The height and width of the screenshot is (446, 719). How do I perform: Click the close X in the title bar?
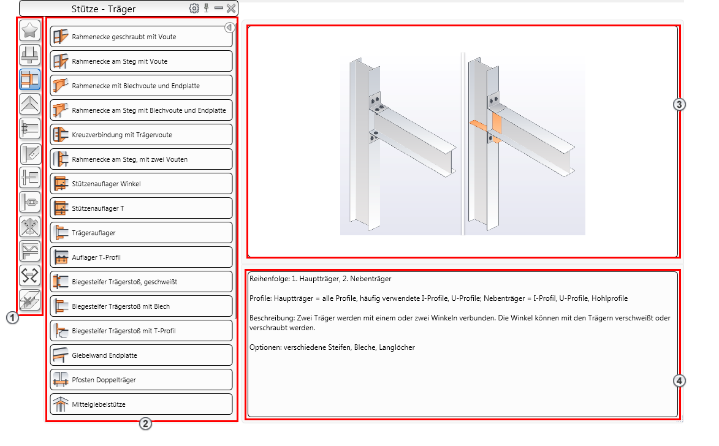(x=231, y=8)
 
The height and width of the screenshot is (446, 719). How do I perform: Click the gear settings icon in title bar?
(x=194, y=8)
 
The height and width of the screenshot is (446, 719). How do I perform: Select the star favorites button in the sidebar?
(x=30, y=31)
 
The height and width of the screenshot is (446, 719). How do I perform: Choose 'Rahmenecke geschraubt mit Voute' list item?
(x=141, y=37)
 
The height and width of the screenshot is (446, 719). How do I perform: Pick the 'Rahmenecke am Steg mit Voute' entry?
(x=141, y=61)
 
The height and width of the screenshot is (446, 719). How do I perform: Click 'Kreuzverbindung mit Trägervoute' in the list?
(x=141, y=135)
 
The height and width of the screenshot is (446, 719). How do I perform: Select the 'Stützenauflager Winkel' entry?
(x=141, y=184)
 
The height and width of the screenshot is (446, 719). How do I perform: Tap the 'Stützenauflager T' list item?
(x=141, y=208)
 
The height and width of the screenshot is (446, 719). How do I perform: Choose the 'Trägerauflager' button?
(x=141, y=233)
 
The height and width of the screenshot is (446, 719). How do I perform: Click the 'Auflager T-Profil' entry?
(x=141, y=257)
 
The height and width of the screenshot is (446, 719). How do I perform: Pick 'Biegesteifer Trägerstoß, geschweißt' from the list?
(x=141, y=282)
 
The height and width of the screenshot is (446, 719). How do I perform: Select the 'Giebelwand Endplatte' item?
(x=141, y=355)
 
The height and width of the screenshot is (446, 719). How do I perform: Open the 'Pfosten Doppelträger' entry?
(x=141, y=380)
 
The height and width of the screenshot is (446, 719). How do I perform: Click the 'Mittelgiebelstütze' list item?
(x=141, y=404)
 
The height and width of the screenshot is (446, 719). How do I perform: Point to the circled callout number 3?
(x=679, y=105)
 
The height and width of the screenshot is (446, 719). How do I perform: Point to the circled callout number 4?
(x=679, y=380)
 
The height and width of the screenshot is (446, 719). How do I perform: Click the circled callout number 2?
(x=145, y=423)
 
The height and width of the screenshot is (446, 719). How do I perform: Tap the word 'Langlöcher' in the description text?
(x=397, y=347)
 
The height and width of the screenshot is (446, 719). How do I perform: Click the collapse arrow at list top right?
(x=230, y=28)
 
